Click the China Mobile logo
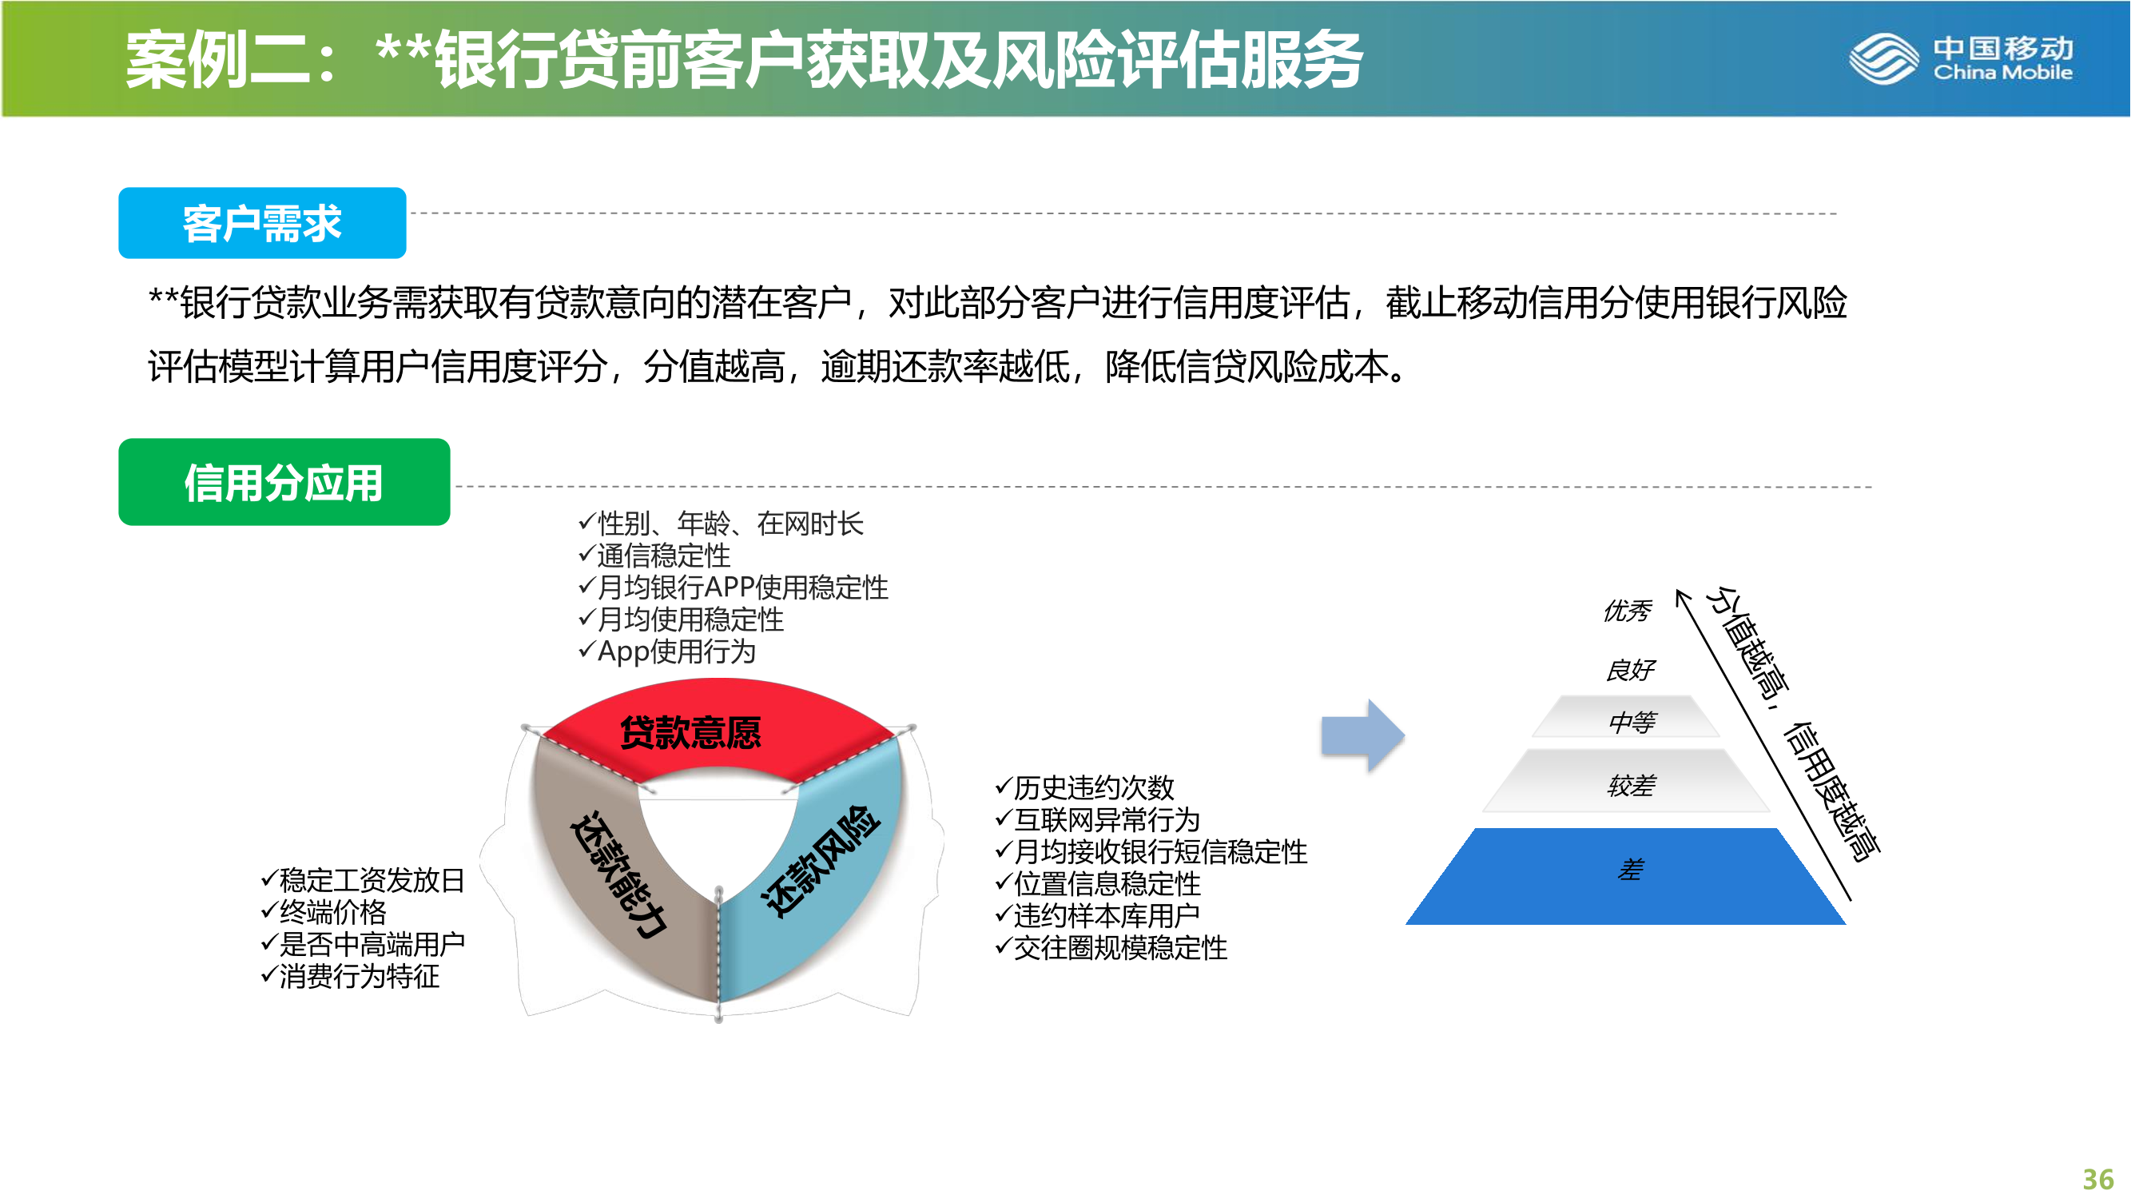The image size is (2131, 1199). click(x=1962, y=58)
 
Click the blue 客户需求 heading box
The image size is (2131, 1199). click(x=262, y=222)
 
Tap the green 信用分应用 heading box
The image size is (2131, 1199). click(x=284, y=481)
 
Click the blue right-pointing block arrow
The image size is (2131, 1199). click(x=1362, y=735)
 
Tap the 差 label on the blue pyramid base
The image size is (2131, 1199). click(x=1631, y=870)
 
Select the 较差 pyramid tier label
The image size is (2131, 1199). click(x=1631, y=785)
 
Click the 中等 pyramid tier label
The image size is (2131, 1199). click(x=1632, y=723)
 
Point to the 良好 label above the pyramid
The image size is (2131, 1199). click(x=1631, y=669)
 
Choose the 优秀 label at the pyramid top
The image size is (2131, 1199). click(x=1627, y=611)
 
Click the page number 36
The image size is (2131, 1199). click(x=2098, y=1178)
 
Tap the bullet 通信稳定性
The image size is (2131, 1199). click(x=654, y=556)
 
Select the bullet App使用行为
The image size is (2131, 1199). click(x=666, y=651)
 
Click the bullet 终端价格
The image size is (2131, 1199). click(x=324, y=912)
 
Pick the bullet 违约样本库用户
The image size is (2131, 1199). click(x=1097, y=915)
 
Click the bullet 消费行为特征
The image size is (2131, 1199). click(x=350, y=977)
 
